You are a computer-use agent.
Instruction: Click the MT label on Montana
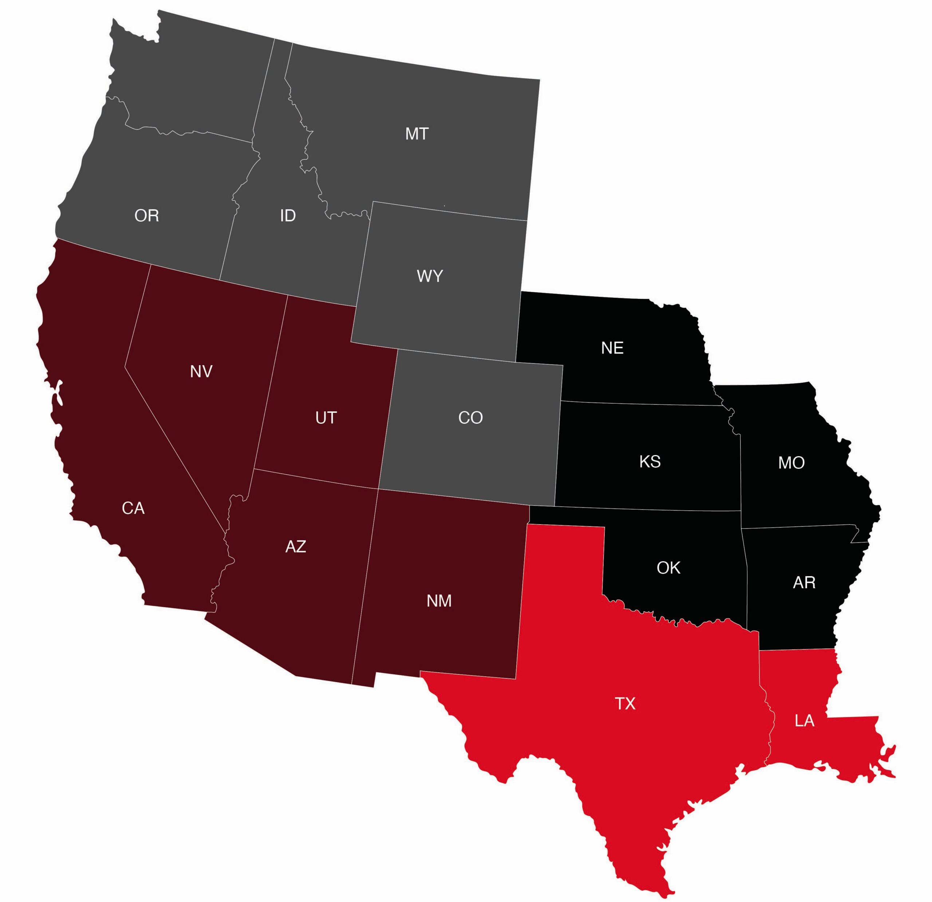click(416, 134)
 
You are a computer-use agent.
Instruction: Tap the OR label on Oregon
click(146, 216)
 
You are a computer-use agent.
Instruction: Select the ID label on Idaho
click(288, 216)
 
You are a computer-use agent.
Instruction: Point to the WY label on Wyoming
click(430, 276)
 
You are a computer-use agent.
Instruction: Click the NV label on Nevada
click(201, 371)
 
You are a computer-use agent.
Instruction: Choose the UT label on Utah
click(326, 418)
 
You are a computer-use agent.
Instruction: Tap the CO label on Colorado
click(470, 418)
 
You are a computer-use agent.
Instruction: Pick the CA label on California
click(133, 508)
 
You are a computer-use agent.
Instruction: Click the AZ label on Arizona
click(295, 547)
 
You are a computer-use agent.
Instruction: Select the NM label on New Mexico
click(439, 601)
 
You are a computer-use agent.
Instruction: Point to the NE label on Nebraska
click(612, 348)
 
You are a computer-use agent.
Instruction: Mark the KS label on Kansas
click(649, 461)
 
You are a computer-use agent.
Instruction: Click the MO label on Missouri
click(791, 463)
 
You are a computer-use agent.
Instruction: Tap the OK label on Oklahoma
click(668, 568)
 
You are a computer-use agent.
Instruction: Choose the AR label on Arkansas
click(804, 582)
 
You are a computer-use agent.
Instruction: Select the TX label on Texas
click(625, 704)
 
